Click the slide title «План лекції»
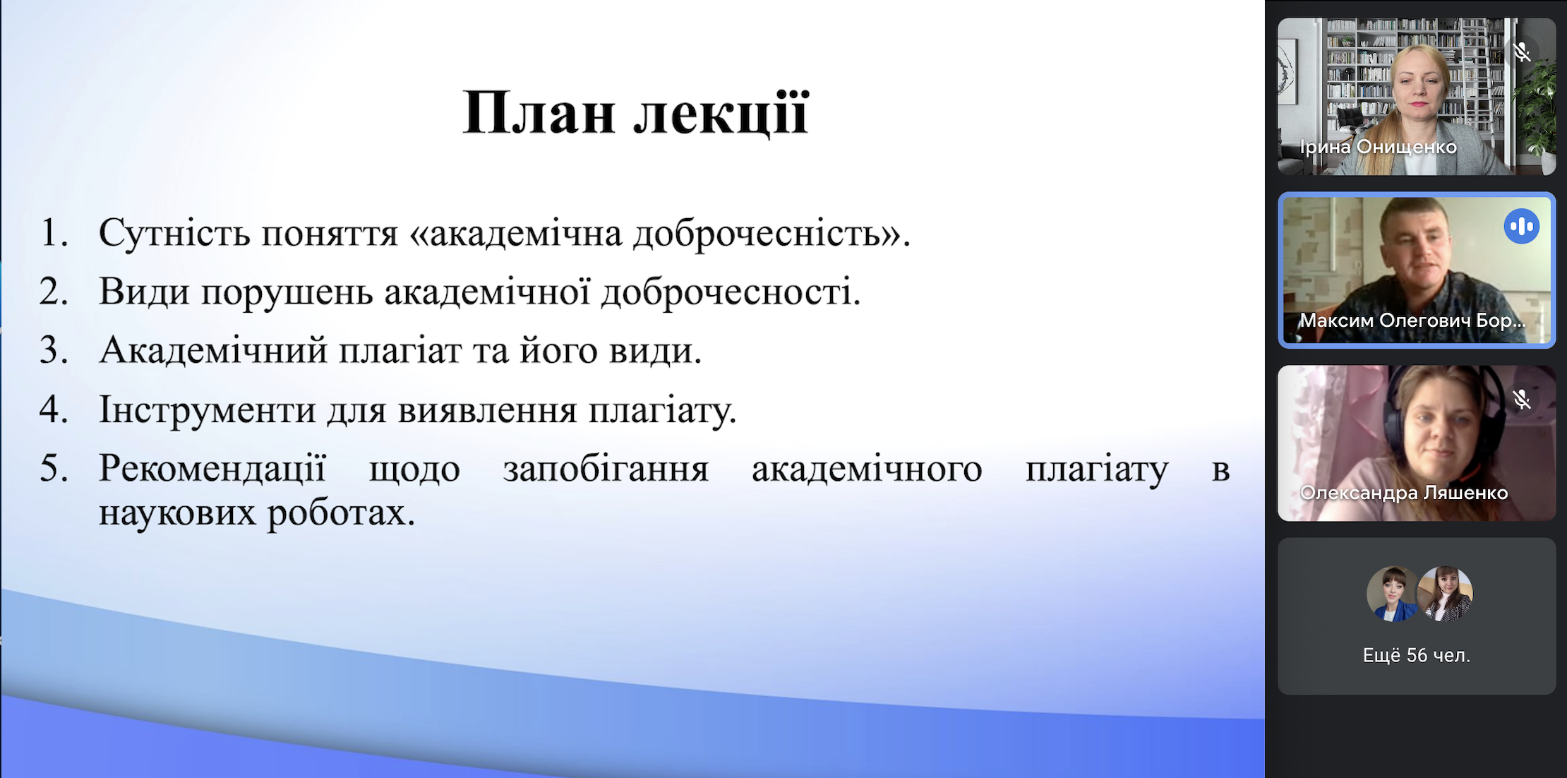point(635,113)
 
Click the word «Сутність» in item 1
point(174,232)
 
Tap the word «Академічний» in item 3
point(213,350)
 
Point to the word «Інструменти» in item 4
point(208,409)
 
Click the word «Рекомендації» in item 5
point(212,468)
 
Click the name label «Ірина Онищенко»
point(1378,147)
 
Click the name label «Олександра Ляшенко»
point(1404,493)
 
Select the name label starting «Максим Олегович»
point(1412,321)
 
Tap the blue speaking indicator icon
point(1521,227)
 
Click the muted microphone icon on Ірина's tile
point(1522,52)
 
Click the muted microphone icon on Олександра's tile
point(1522,400)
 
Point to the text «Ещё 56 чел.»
point(1416,655)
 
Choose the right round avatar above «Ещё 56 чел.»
point(1446,594)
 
